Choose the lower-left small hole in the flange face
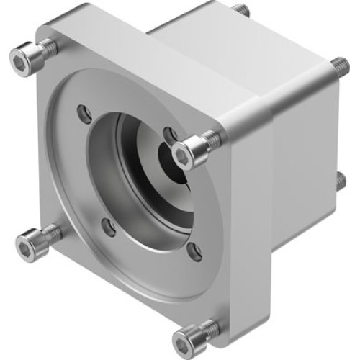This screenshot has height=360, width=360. [109, 228]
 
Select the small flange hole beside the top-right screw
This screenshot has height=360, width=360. [170, 134]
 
